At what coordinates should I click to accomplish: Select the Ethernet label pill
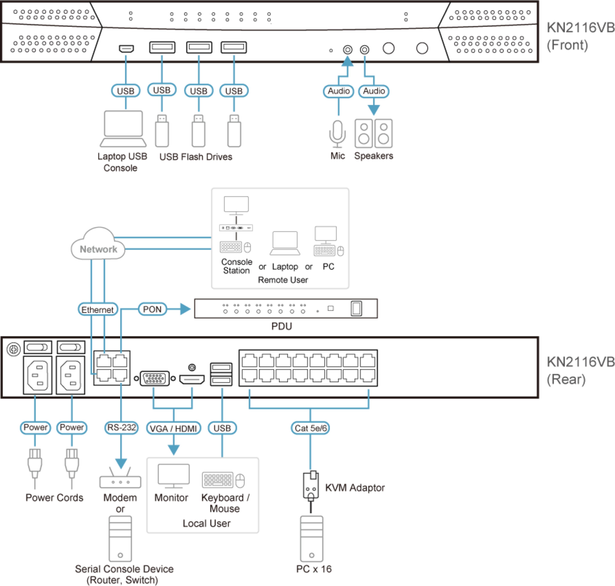[x=98, y=310]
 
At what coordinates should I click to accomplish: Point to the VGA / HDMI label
[x=173, y=428]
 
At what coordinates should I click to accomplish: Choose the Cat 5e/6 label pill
[x=310, y=428]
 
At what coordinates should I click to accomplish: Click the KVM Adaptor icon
[x=311, y=486]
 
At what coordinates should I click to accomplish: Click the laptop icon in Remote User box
[x=285, y=243]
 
